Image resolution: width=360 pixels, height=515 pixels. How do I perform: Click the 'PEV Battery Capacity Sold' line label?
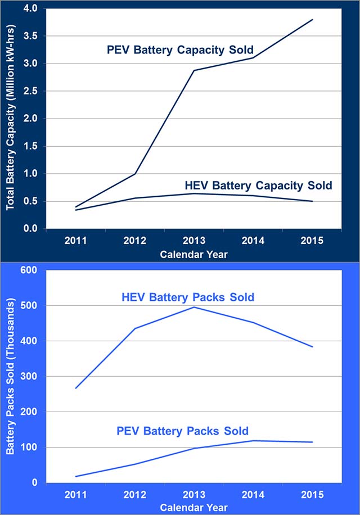[181, 50]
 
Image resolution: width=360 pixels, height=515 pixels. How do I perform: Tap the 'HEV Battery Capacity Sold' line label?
[258, 185]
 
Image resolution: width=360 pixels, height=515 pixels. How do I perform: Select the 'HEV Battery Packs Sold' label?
[188, 297]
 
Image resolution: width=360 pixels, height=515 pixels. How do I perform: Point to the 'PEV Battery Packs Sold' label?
[182, 431]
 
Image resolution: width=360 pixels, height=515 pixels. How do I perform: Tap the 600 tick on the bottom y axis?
[28, 270]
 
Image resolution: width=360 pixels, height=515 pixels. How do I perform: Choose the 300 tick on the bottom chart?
[28, 377]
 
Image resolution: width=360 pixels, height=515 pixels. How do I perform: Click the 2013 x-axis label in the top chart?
[193, 241]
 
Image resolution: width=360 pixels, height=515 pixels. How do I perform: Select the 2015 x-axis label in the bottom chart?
[312, 495]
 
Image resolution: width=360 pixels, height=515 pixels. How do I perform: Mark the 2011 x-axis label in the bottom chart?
[75, 495]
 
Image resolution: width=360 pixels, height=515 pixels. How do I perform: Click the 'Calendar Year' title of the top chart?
[193, 254]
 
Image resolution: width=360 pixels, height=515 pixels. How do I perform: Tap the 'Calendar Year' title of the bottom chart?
[193, 507]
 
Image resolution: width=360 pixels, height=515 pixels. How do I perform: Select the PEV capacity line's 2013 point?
[193, 70]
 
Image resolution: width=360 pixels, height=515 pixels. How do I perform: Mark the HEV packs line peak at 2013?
[193, 307]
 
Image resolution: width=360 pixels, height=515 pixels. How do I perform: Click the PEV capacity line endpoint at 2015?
[312, 20]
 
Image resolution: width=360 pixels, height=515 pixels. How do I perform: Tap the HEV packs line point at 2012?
[135, 328]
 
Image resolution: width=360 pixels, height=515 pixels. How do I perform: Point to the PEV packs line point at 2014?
[253, 441]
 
